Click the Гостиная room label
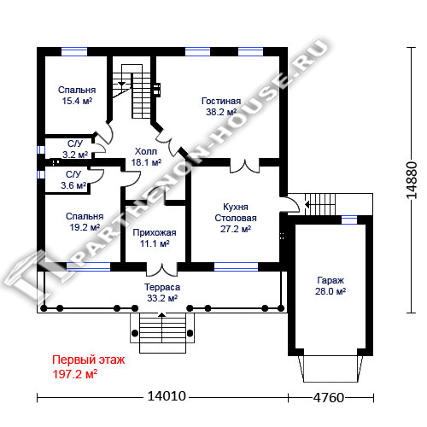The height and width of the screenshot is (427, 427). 221,101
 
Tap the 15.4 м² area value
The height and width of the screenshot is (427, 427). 77,101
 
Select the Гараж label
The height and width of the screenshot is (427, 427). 330,280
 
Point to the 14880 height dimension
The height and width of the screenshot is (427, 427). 412,180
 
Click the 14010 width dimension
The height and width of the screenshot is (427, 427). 167,396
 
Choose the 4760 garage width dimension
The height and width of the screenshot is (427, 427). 329,397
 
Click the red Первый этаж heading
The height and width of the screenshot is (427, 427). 89,360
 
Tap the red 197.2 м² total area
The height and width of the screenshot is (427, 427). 75,374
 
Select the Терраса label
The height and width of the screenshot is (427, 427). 162,287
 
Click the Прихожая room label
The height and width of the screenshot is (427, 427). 155,232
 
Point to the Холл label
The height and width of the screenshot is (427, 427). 146,151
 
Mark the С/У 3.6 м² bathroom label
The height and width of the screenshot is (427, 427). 73,180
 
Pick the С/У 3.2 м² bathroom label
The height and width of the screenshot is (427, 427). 75,149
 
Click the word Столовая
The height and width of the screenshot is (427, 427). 236,218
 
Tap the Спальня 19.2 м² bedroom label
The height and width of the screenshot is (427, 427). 85,222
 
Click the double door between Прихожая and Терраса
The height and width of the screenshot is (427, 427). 162,270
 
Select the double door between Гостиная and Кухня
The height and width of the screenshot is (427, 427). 245,166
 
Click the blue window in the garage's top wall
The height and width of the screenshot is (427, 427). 349,219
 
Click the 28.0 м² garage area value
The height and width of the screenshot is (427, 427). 330,291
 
